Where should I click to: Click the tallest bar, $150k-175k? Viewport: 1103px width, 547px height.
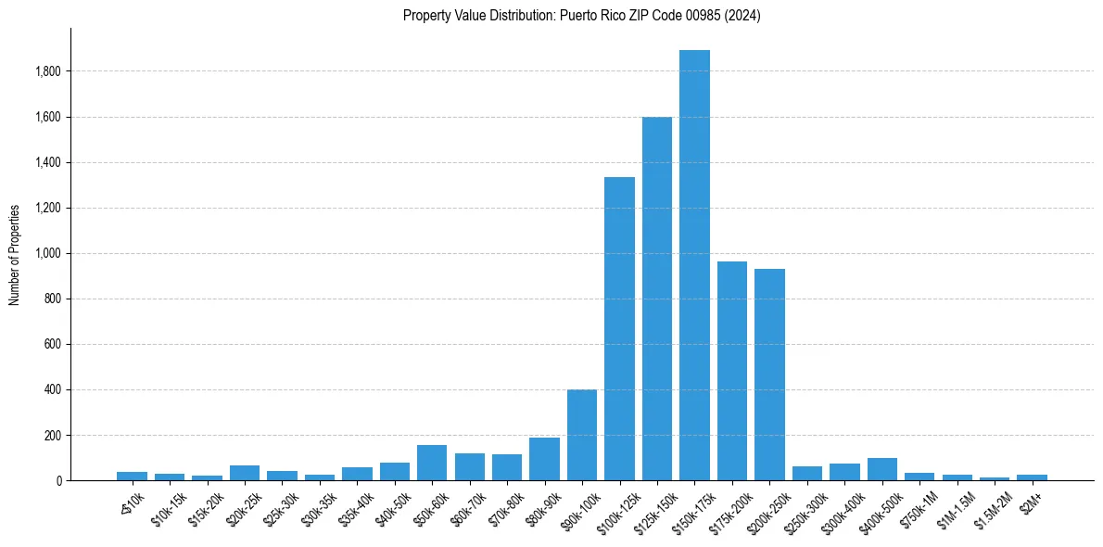694,265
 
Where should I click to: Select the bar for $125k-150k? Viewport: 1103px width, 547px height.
657,299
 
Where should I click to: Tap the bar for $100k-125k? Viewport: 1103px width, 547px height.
619,329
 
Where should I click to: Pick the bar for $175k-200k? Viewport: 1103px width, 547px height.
732,371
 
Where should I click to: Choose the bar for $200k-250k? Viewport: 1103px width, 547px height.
769,375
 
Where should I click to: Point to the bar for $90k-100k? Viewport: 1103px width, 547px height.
582,436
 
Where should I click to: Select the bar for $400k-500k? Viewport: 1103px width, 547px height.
881,470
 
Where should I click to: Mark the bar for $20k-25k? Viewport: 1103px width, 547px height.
245,473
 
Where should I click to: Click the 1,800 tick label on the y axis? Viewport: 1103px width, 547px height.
48,71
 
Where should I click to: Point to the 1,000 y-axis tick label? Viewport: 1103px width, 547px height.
48,253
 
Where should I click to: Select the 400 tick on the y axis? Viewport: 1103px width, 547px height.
53,389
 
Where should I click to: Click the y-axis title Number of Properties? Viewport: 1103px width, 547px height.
15,254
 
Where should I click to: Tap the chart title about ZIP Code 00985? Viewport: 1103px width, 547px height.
581,16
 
